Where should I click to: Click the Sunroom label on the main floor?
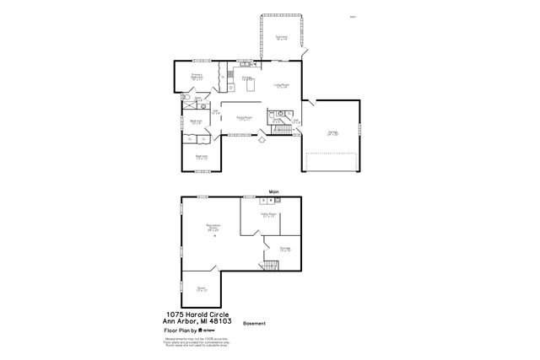point(281,38)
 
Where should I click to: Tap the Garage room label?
point(331,132)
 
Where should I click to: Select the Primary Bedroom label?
point(196,78)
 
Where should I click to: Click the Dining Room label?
point(246,119)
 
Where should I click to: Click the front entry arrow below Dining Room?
point(262,140)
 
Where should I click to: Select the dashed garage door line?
point(331,154)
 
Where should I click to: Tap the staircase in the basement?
point(270,267)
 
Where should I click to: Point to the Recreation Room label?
point(202,227)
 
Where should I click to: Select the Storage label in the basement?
point(285,249)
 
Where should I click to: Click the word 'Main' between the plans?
point(273,191)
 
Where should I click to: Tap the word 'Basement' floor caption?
point(254,323)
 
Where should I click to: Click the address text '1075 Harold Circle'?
point(196,314)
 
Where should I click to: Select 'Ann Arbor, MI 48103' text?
point(196,320)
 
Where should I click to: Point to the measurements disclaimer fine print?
point(196,343)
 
